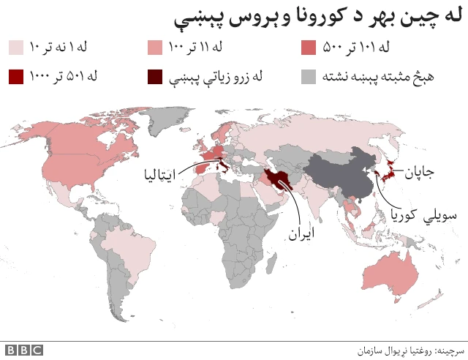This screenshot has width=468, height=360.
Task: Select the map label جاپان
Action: [x=418, y=173]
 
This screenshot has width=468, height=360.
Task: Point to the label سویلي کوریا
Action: [x=415, y=216]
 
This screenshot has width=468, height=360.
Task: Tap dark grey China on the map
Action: [x=344, y=176]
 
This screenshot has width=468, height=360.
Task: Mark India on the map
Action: [x=314, y=201]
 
